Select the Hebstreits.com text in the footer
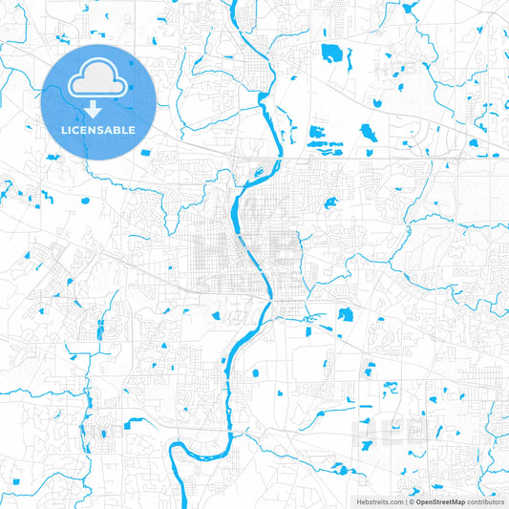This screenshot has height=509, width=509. [x=380, y=501]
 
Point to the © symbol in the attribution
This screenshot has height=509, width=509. [x=412, y=501]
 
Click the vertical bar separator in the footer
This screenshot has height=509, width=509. [x=405, y=501]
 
